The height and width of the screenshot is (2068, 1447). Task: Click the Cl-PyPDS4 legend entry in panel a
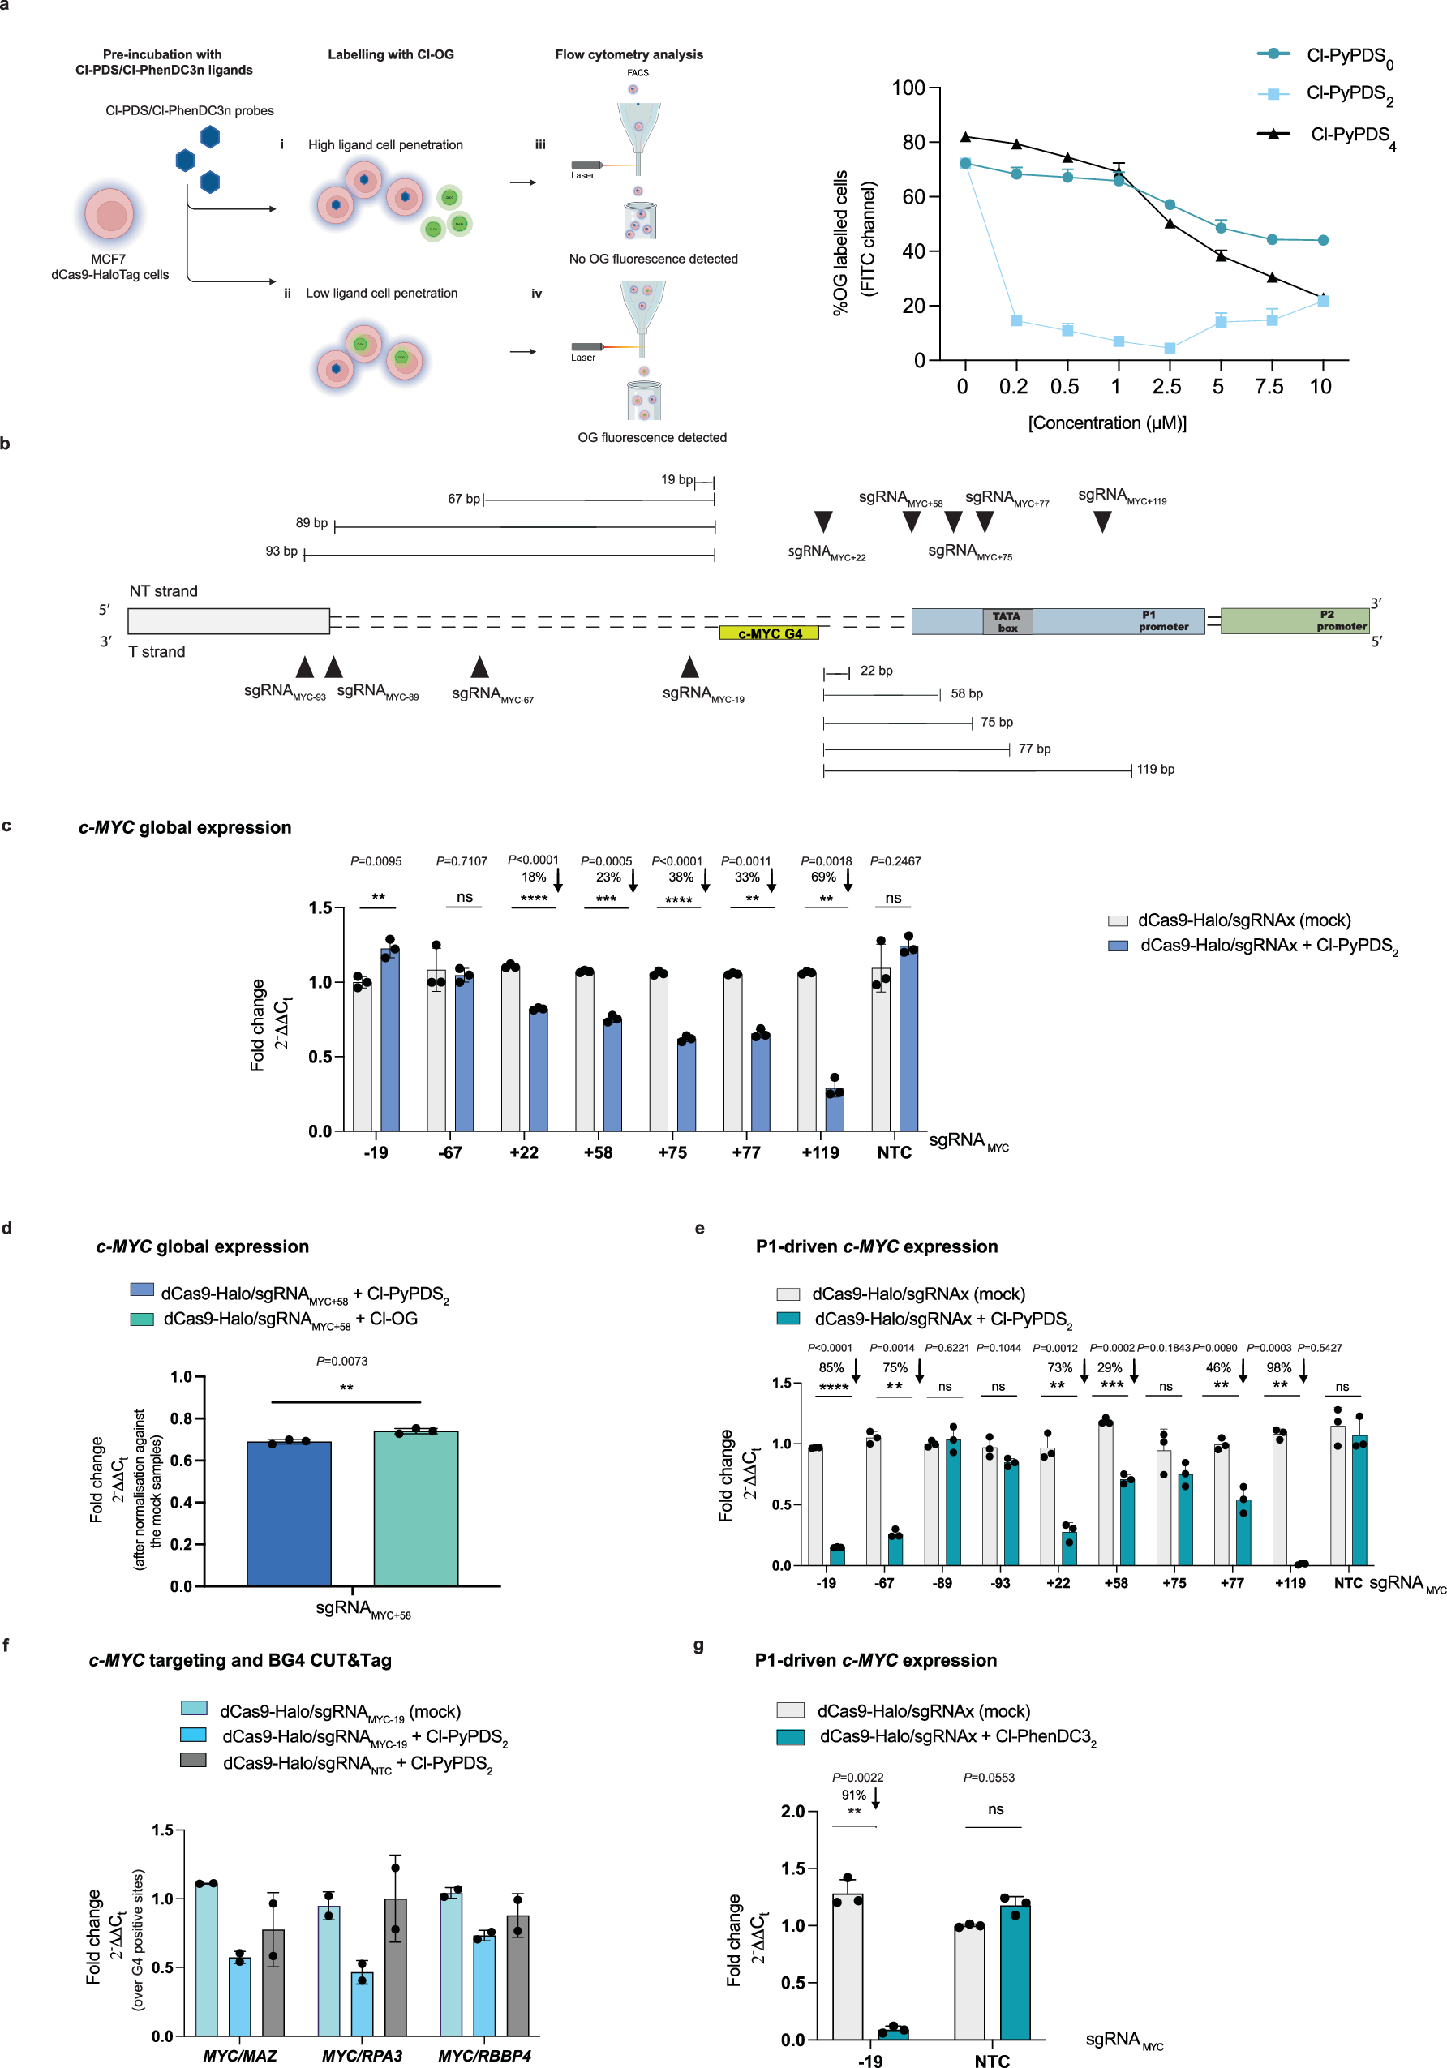pos(1350,135)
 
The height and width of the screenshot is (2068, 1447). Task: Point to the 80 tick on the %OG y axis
pos(912,142)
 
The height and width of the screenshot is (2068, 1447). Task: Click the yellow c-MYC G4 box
pos(769,633)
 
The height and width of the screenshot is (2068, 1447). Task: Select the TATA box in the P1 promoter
pos(1007,621)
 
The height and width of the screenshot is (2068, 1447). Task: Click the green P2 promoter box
pos(1293,620)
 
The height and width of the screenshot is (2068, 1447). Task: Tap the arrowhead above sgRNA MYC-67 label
pos(479,667)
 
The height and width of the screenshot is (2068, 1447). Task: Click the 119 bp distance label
pos(1155,769)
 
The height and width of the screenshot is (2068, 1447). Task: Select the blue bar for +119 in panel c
pos(835,1109)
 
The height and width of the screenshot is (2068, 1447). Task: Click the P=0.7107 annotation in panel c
pos(462,861)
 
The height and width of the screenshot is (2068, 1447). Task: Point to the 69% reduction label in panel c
pos(822,877)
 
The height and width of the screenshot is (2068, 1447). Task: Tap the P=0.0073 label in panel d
pos(341,1361)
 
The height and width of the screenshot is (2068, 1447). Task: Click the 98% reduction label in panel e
pos(1278,1367)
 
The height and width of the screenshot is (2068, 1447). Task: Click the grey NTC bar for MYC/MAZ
pos(273,1981)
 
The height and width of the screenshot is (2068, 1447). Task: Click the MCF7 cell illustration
pos(110,215)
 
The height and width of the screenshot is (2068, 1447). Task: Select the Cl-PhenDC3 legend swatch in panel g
pos(789,1736)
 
